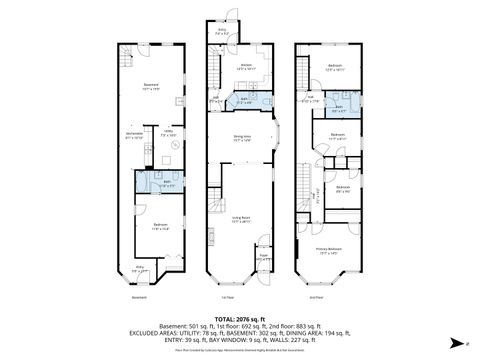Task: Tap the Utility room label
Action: [169, 132]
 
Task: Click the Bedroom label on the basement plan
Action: [160, 226]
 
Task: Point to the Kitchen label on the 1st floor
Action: [246, 66]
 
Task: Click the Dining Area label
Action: [240, 138]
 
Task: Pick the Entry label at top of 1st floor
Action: [222, 32]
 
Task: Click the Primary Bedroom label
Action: [330, 250]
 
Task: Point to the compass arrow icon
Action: [455, 341]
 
